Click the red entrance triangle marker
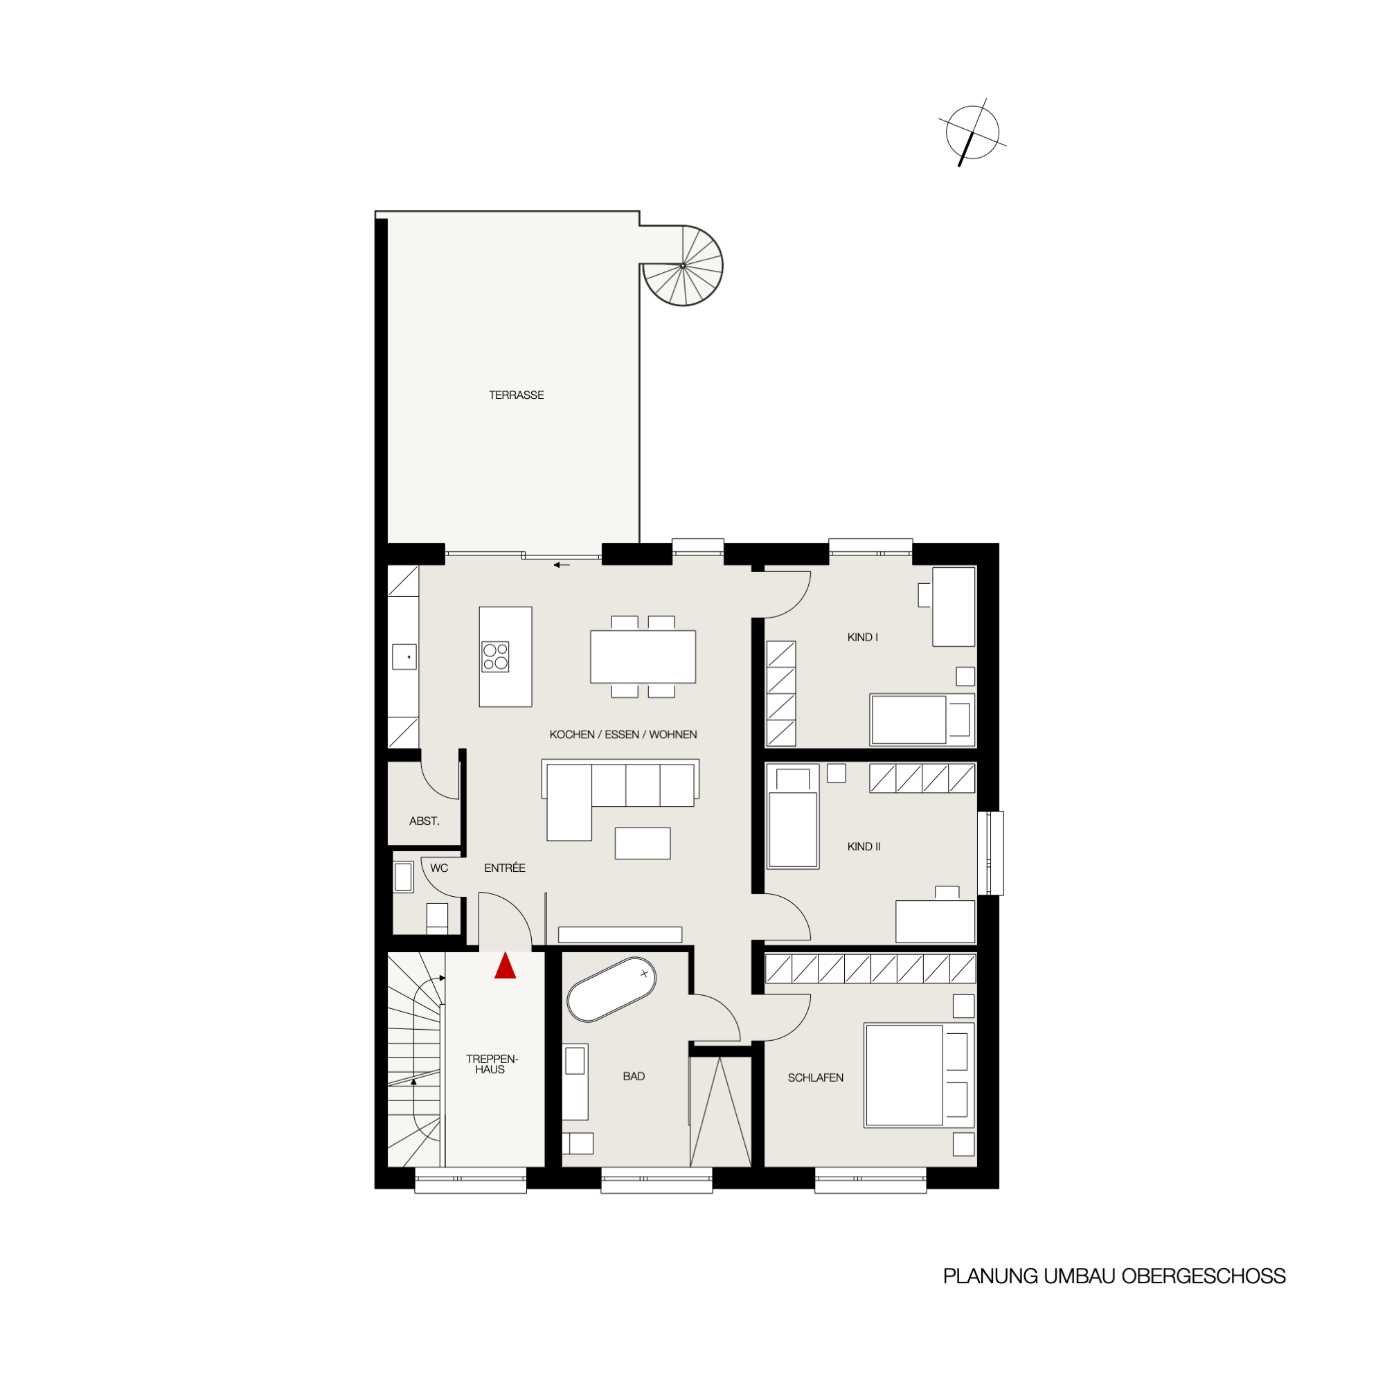click(x=506, y=965)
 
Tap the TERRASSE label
click(x=516, y=395)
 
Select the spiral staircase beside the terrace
click(x=683, y=265)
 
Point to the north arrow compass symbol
click(x=972, y=133)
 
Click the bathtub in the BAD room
click(x=611, y=990)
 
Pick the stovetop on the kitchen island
click(x=495, y=656)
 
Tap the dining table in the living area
click(x=643, y=656)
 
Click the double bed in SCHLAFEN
click(x=918, y=1075)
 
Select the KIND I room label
click(x=862, y=637)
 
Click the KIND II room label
click(x=864, y=847)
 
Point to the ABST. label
click(x=425, y=821)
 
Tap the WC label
click(x=440, y=868)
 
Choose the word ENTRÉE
click(x=505, y=868)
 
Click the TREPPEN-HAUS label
click(x=492, y=1064)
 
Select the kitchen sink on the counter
click(x=404, y=656)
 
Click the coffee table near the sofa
click(x=643, y=843)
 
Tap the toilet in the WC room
click(x=437, y=918)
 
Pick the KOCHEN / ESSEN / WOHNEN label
click(x=623, y=735)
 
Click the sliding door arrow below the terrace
click(x=562, y=565)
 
